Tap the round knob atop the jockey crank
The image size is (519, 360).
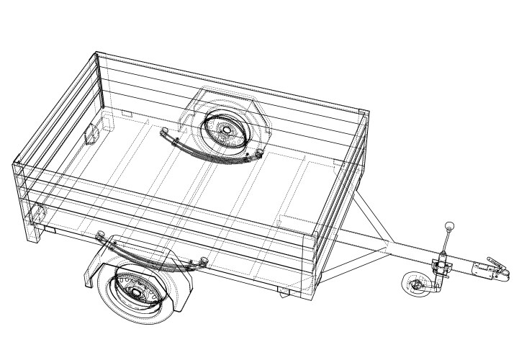[450, 226]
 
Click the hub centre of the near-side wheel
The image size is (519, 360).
[133, 292]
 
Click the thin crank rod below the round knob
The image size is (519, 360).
[447, 242]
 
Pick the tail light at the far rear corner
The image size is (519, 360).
[91, 135]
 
